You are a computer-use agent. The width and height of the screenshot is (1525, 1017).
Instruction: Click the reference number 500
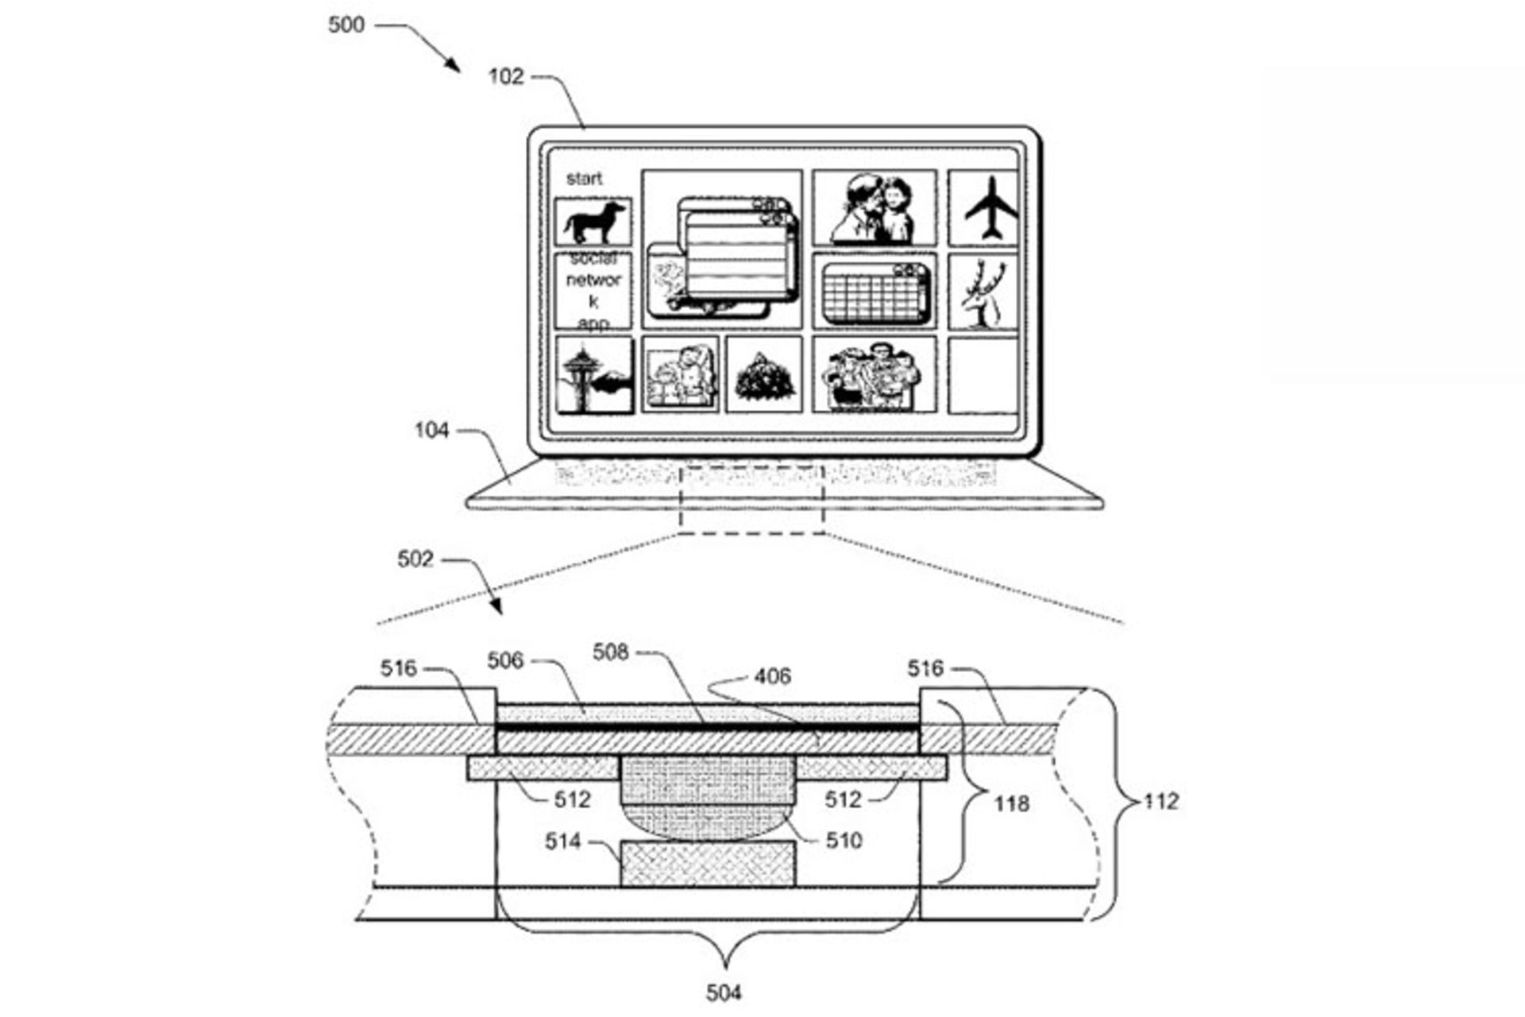346,25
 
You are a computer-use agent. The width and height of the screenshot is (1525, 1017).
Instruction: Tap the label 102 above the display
506,77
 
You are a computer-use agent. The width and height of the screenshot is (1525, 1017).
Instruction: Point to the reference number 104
431,431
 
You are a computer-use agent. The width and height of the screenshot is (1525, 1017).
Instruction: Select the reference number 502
415,559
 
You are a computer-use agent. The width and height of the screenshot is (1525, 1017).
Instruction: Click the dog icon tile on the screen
593,222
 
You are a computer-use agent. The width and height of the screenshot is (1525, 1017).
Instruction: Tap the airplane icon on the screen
990,208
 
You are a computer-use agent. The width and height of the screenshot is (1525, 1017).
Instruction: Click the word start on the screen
584,179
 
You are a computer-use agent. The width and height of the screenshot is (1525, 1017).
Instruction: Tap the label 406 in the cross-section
772,676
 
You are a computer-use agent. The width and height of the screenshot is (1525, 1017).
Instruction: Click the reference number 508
610,652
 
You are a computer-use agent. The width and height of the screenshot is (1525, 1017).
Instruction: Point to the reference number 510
844,841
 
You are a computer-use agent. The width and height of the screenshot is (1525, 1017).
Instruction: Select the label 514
562,841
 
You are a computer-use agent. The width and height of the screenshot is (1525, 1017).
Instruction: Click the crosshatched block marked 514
707,864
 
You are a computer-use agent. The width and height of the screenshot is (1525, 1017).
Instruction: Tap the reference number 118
1011,804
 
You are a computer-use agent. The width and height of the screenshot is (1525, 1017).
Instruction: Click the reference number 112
1161,802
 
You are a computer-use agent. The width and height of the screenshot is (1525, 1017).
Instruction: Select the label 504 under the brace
724,992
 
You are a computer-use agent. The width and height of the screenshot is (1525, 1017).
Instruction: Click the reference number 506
505,661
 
